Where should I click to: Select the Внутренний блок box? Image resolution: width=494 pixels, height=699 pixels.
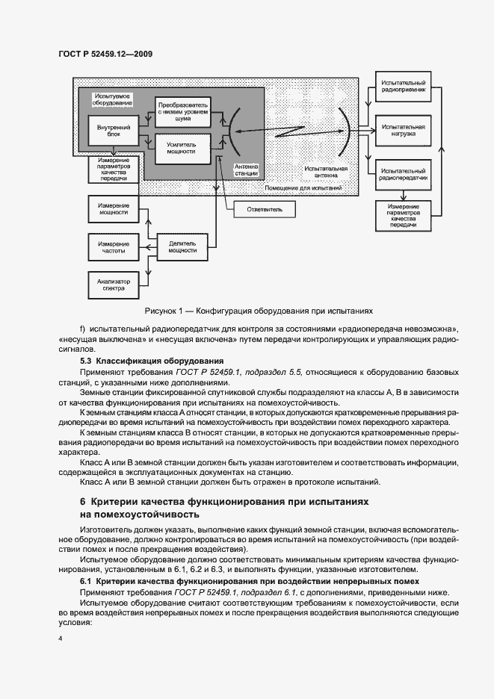pyautogui.click(x=114, y=131)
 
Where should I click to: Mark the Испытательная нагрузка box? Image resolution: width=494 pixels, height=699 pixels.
pyautogui.click(x=403, y=131)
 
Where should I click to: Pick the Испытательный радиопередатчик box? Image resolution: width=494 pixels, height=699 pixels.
pyautogui.click(x=403, y=174)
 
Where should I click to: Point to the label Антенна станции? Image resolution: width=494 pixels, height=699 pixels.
pyautogui.click(x=246, y=170)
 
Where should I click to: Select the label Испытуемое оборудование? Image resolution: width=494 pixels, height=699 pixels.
pyautogui.click(x=111, y=101)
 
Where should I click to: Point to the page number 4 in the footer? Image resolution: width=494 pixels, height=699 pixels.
pyautogui.click(x=61, y=639)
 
